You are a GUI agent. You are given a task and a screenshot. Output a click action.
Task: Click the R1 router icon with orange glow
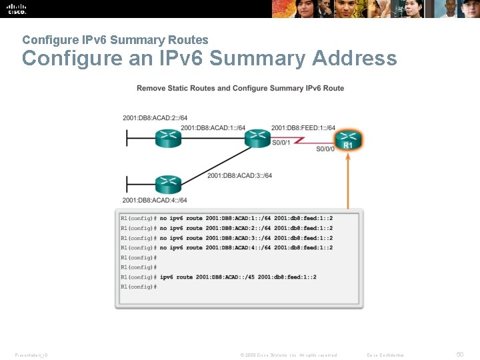tap(347, 140)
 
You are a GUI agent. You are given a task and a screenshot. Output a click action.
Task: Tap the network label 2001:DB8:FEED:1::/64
tap(303, 128)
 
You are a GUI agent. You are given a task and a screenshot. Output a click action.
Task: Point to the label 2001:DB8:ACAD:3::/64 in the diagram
tap(239, 175)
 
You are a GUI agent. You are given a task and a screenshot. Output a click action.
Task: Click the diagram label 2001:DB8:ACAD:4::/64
tap(155, 200)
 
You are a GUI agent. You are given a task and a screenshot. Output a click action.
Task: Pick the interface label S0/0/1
tap(281, 142)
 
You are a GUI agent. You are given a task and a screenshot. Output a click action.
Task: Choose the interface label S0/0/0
tap(325, 149)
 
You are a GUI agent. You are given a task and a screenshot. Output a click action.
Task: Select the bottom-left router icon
tap(167, 183)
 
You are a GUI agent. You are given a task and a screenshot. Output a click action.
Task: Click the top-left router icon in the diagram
tap(167, 138)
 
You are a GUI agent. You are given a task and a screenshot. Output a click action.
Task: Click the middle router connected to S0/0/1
tap(256, 138)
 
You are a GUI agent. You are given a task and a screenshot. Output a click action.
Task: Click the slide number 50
tap(459, 355)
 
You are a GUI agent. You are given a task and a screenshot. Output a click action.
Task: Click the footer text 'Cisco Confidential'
tap(386, 355)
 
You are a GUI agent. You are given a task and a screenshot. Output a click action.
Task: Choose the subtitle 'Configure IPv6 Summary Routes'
tap(115, 40)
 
